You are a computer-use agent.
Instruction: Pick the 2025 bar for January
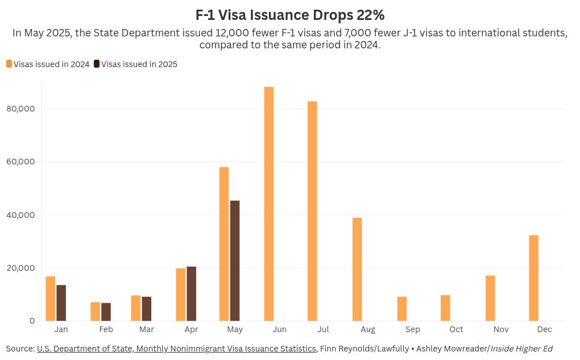(x=61, y=303)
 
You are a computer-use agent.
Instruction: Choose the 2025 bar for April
(x=192, y=293)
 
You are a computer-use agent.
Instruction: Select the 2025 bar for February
(x=106, y=312)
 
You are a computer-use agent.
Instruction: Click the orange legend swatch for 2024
(x=9, y=64)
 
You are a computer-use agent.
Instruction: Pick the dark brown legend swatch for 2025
(x=97, y=64)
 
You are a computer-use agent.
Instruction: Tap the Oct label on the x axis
(x=456, y=329)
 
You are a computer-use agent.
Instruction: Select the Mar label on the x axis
(x=147, y=329)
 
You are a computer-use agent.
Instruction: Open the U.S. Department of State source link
(x=176, y=348)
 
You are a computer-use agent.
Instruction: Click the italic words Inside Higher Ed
(x=521, y=348)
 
